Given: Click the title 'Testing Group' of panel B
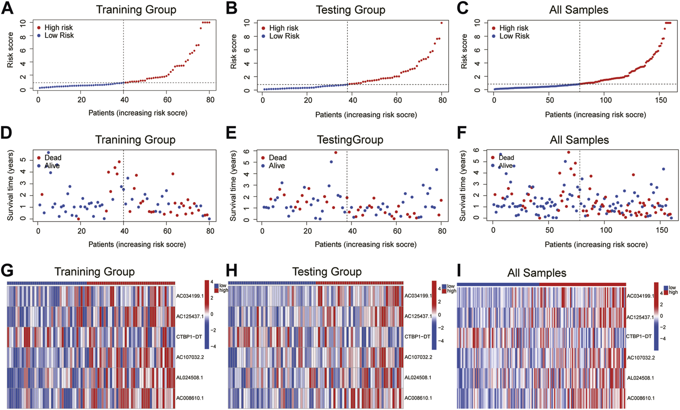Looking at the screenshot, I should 350,10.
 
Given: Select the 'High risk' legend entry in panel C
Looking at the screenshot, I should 513,28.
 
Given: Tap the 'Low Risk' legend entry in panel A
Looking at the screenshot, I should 59,35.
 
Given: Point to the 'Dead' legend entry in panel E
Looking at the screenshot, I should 277,158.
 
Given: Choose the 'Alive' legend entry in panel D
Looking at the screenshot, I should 52,166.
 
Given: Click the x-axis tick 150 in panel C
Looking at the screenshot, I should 661,100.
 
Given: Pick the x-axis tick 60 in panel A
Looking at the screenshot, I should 167,100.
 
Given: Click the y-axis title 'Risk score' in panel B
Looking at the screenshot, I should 234,51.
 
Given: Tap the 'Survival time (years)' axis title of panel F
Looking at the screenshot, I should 462,186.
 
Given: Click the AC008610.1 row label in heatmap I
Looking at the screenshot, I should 641,398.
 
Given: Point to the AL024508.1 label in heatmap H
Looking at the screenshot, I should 418,378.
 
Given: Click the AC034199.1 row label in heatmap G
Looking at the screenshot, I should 190,296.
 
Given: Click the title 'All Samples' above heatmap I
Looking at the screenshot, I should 537,273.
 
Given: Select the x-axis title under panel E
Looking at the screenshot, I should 366,245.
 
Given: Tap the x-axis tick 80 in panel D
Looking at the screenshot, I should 210,231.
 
